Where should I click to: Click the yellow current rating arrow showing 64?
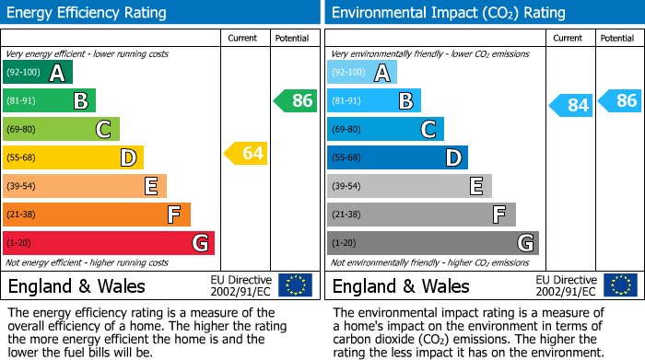click(x=245, y=153)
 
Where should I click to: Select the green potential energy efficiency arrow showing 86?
click(x=295, y=100)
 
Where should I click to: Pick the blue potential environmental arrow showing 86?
click(x=619, y=100)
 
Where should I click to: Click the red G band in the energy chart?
click(x=109, y=243)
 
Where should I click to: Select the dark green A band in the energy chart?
click(x=38, y=73)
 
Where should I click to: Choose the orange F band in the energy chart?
click(x=97, y=215)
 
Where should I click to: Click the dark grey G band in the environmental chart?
click(x=432, y=243)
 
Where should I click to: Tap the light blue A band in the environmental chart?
click(x=362, y=73)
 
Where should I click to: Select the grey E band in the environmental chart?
click(x=409, y=186)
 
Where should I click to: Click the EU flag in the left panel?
click(x=295, y=285)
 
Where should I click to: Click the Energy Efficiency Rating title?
click(x=88, y=13)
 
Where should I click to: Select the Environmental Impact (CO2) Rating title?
click(x=448, y=13)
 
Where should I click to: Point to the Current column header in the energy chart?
click(x=244, y=38)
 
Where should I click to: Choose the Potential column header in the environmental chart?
click(x=617, y=38)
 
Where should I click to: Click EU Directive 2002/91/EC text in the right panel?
click(x=567, y=285)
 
